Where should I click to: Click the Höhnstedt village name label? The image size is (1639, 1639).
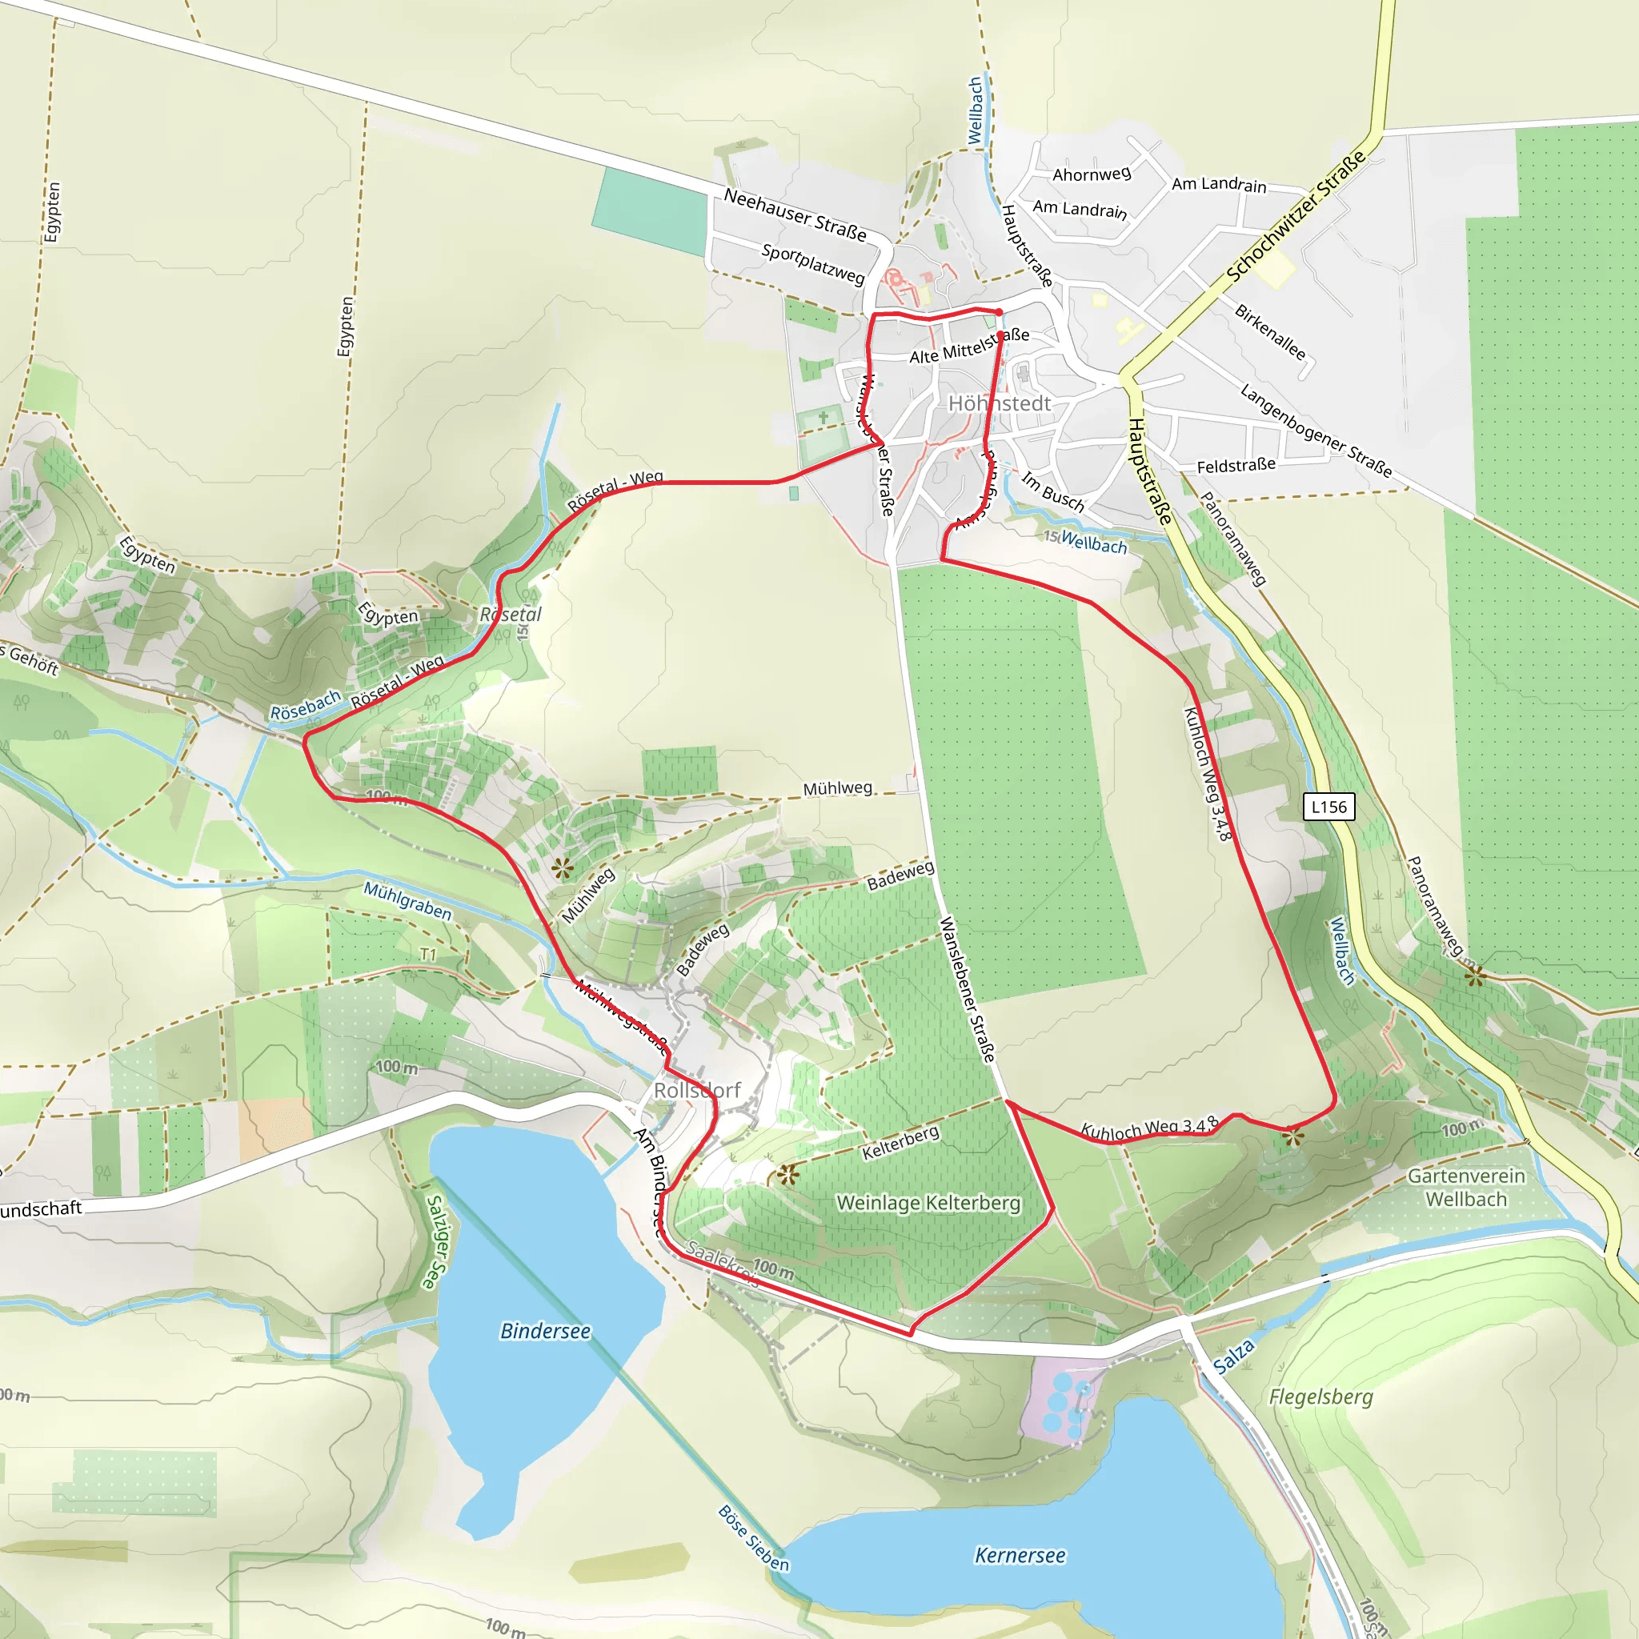(x=999, y=404)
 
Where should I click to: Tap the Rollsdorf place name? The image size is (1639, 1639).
(x=697, y=1090)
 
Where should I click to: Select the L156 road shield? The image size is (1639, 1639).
(x=1328, y=807)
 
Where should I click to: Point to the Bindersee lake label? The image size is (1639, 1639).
(x=546, y=1331)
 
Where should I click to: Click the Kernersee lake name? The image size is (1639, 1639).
(x=1020, y=1555)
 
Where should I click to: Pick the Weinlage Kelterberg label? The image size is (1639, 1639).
(x=928, y=1203)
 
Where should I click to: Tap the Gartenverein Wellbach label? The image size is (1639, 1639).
(x=1466, y=1188)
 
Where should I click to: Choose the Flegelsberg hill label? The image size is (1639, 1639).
(x=1320, y=1397)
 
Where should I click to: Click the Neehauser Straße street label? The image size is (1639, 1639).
(x=795, y=214)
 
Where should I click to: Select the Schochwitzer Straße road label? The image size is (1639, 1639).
(x=1296, y=215)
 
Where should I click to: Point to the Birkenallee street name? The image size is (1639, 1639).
(x=1270, y=331)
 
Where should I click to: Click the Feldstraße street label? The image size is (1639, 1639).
(x=1236, y=466)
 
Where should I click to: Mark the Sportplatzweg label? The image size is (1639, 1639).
(x=813, y=264)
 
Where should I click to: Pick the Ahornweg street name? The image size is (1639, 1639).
(x=1092, y=174)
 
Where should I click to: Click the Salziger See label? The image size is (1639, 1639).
(x=435, y=1242)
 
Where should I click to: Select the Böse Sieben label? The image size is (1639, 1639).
(x=753, y=1538)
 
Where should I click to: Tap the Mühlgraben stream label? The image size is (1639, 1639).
(x=407, y=901)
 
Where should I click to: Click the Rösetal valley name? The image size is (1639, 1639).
(x=511, y=614)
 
